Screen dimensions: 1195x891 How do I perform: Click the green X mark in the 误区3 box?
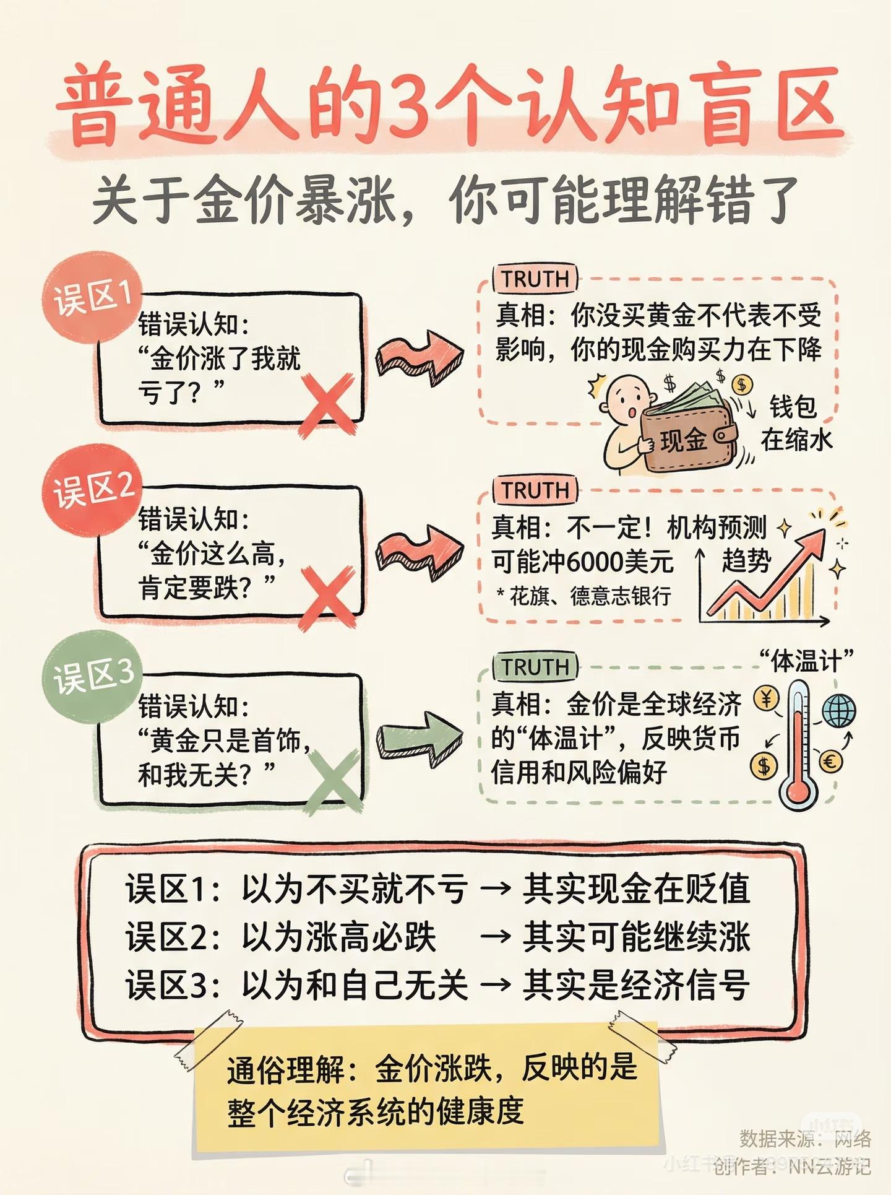tap(332, 781)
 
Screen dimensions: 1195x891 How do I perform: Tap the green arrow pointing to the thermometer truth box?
tap(421, 735)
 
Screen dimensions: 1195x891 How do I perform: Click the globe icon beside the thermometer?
tap(838, 710)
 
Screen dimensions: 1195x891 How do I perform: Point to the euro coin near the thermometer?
tap(830, 762)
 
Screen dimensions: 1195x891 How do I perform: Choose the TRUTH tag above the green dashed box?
tap(535, 667)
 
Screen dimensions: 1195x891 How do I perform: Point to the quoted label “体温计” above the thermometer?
tap(806, 661)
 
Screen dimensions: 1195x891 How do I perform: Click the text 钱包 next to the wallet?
tap(793, 407)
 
